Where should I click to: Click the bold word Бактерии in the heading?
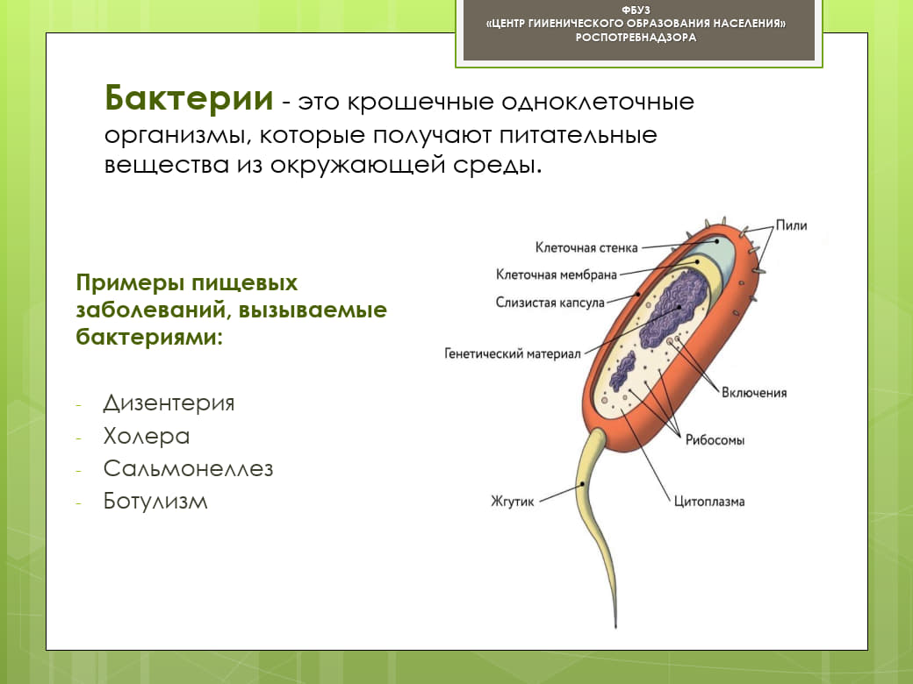pos(189,97)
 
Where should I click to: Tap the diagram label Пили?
pos(791,225)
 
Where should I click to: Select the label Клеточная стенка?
pos(586,248)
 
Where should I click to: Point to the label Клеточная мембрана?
pos(556,274)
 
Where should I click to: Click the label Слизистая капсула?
pos(550,303)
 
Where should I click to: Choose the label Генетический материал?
pos(513,353)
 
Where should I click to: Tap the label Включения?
pos(754,393)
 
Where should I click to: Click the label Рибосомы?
pos(715,439)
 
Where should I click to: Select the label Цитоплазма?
pos(709,502)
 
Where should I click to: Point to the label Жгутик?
pos(513,502)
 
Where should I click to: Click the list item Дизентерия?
pos(169,403)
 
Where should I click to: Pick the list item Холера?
pos(147,436)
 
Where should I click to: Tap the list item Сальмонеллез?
pos(188,468)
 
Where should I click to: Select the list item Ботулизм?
pos(155,501)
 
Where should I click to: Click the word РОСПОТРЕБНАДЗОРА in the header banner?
pos(636,37)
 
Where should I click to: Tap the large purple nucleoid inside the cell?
pos(674,309)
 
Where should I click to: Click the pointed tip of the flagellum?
pos(615,626)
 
